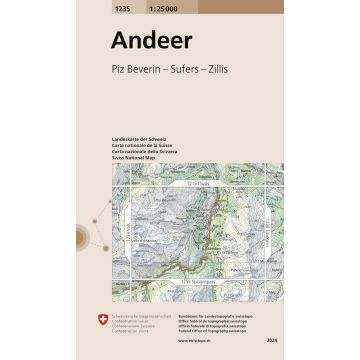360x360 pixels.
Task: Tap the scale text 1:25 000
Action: [166, 7]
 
